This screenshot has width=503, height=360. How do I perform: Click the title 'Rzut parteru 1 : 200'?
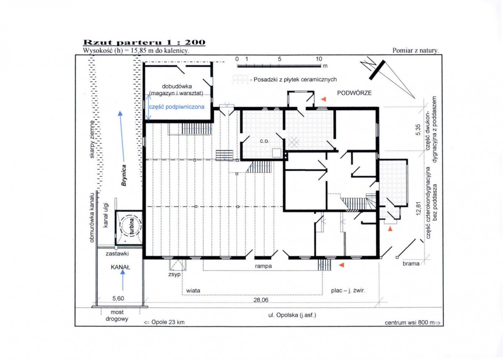(144, 42)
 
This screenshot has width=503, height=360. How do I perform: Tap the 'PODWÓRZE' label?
(354, 93)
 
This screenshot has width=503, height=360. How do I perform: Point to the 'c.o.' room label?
(264, 141)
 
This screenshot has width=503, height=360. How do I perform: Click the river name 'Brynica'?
(124, 175)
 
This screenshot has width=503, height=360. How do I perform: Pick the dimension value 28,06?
(261, 300)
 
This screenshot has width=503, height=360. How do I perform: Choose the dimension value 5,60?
(118, 298)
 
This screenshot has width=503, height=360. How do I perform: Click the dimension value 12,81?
(418, 209)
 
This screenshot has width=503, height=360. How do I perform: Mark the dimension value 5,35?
(418, 130)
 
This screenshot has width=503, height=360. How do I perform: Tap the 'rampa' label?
(263, 266)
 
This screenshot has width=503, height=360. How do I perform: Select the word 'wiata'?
(193, 290)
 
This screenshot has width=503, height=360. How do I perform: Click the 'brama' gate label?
(411, 263)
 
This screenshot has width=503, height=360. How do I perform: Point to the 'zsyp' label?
(175, 274)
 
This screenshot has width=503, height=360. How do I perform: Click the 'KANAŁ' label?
(121, 267)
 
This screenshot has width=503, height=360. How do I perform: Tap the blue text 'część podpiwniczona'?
(177, 107)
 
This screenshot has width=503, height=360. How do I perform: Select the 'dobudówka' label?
(177, 86)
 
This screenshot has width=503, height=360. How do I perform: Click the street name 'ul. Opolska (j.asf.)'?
(292, 315)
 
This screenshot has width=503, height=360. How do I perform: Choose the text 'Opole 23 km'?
(168, 322)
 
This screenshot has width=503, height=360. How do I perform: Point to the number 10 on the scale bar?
(319, 59)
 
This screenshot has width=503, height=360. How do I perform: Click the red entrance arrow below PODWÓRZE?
(323, 99)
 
